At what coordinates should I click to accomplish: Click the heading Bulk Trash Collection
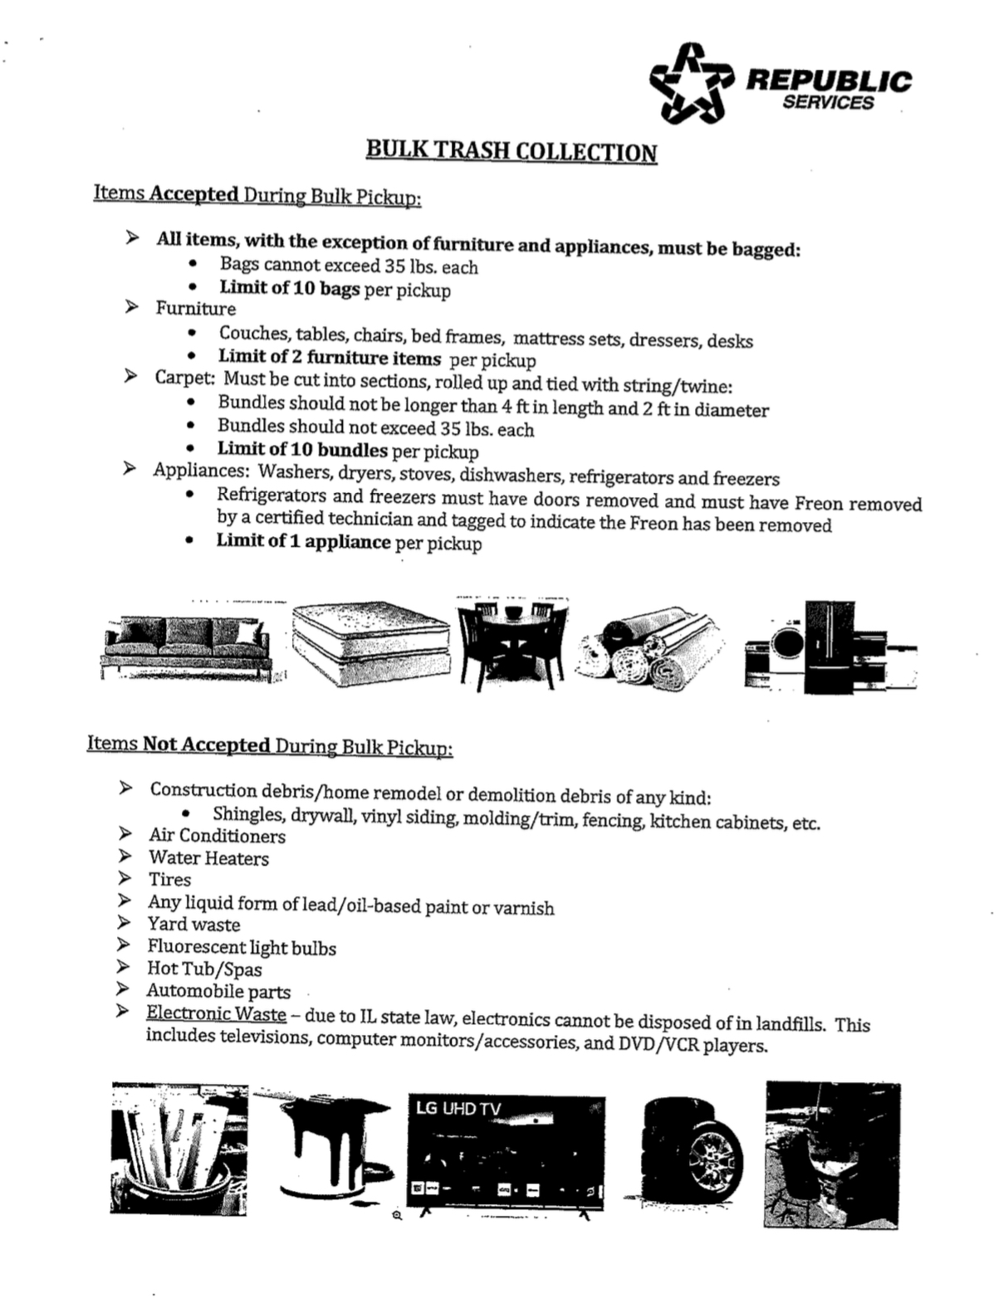(511, 151)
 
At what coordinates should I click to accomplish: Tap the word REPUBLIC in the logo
(828, 81)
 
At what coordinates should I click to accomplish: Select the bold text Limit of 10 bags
(289, 288)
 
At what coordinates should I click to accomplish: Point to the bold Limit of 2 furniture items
(330, 358)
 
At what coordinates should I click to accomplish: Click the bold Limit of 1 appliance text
(303, 542)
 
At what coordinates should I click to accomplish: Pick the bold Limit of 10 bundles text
(302, 450)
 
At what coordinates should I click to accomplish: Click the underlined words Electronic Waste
(216, 1013)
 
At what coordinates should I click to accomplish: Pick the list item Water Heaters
(208, 858)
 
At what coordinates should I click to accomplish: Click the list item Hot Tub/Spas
(204, 969)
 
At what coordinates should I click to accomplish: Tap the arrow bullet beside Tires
(125, 878)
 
